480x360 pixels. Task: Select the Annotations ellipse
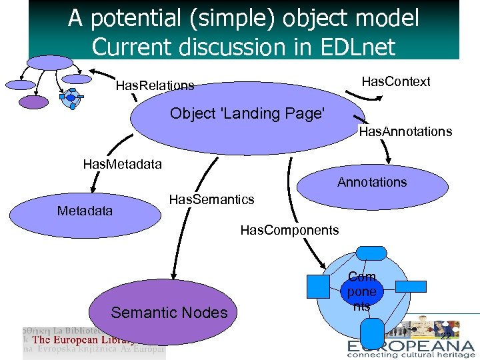tap(371, 186)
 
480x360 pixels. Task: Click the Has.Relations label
tap(155, 85)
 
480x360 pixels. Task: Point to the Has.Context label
tap(395, 81)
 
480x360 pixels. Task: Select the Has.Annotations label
tap(405, 131)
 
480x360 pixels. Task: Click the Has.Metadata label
tap(122, 163)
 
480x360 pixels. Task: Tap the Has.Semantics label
tap(211, 199)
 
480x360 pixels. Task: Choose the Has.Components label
tap(289, 230)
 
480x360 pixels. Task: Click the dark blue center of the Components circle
tap(361, 291)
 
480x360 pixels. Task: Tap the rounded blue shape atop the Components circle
tap(366, 253)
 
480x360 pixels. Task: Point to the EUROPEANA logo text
tap(411, 346)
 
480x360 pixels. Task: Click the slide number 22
tap(445, 334)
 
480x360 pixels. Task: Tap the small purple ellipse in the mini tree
tap(34, 102)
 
